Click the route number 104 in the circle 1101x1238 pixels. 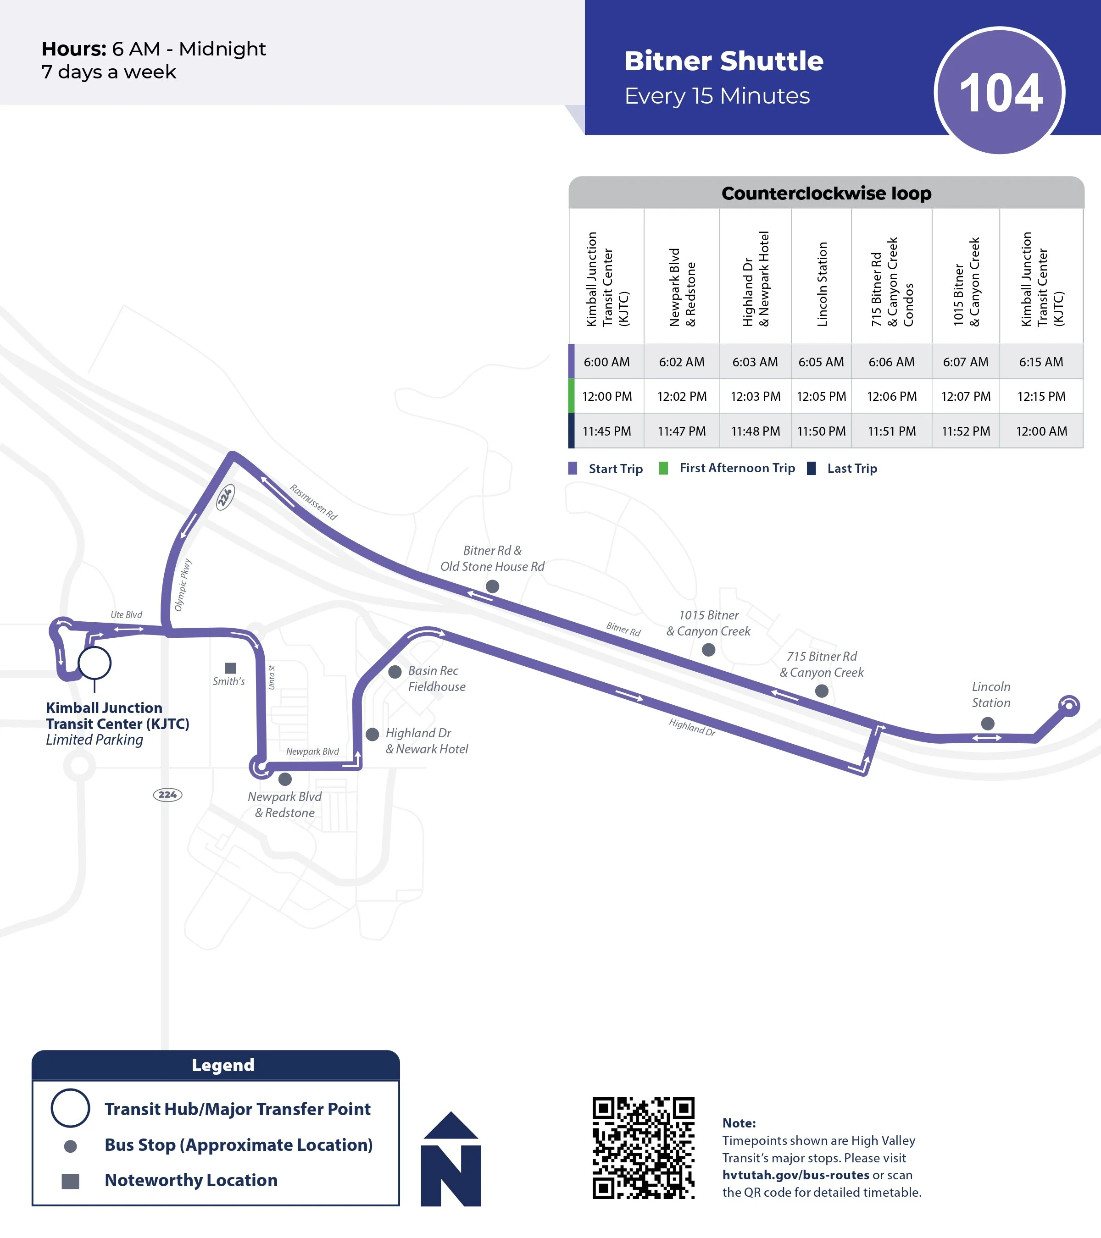click(x=1001, y=93)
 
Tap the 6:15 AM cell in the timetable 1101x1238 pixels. click(x=1040, y=362)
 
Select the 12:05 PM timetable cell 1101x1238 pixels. click(x=821, y=396)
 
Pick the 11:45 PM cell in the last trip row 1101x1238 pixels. click(x=606, y=431)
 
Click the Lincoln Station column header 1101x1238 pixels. click(x=822, y=284)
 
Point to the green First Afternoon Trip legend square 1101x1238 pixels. click(x=663, y=468)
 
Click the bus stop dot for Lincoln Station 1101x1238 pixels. click(x=988, y=723)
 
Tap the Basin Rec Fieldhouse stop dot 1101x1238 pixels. click(x=395, y=672)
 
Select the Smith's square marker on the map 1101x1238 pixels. click(x=230, y=668)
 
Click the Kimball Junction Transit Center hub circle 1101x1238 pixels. click(x=95, y=663)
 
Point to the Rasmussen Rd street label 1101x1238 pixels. click(x=313, y=502)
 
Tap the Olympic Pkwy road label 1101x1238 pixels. click(x=183, y=585)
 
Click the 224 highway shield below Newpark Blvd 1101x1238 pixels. click(x=167, y=795)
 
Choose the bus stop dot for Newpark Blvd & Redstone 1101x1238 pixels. click(x=285, y=779)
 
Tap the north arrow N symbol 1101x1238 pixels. click(x=451, y=1160)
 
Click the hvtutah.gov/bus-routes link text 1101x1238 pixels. click(x=795, y=1175)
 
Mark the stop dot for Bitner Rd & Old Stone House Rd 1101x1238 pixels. click(x=493, y=586)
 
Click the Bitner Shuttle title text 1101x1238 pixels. click(x=723, y=61)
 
